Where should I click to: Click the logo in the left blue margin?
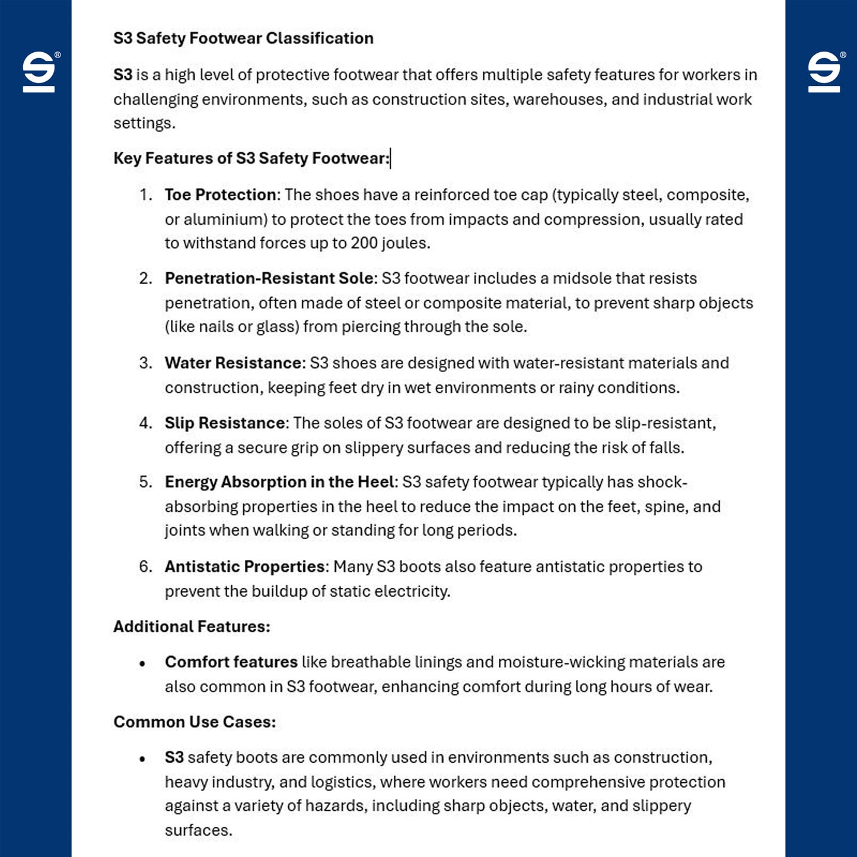coord(39,72)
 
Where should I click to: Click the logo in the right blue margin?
coord(824,72)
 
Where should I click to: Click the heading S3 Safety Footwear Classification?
coord(243,39)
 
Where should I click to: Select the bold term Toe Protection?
coord(220,195)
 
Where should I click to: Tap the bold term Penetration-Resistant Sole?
coord(270,279)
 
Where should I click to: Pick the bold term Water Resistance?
coord(234,363)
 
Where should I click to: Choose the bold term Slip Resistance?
coord(225,423)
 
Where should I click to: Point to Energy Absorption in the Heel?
coord(279,482)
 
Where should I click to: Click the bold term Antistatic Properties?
coord(244,567)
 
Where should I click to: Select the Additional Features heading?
coord(192,627)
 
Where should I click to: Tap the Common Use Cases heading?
coord(195,722)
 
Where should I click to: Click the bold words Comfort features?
coord(231,662)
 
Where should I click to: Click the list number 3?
coord(145,363)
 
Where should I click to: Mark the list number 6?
coord(145,567)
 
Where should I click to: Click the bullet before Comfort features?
coord(142,664)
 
